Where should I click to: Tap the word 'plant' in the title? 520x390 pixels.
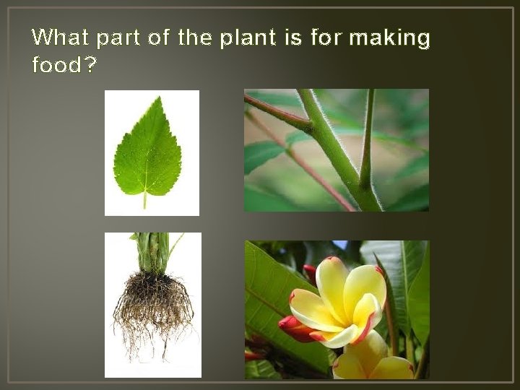point(245,38)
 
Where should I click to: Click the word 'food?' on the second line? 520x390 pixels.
point(64,65)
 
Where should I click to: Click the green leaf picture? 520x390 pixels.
point(152,152)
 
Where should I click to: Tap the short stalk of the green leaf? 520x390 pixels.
point(144,200)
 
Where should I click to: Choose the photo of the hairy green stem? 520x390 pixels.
point(336,150)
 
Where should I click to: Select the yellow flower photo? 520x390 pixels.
point(337,309)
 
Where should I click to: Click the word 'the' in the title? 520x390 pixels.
point(194,38)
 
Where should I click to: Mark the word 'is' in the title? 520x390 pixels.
point(292,38)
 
